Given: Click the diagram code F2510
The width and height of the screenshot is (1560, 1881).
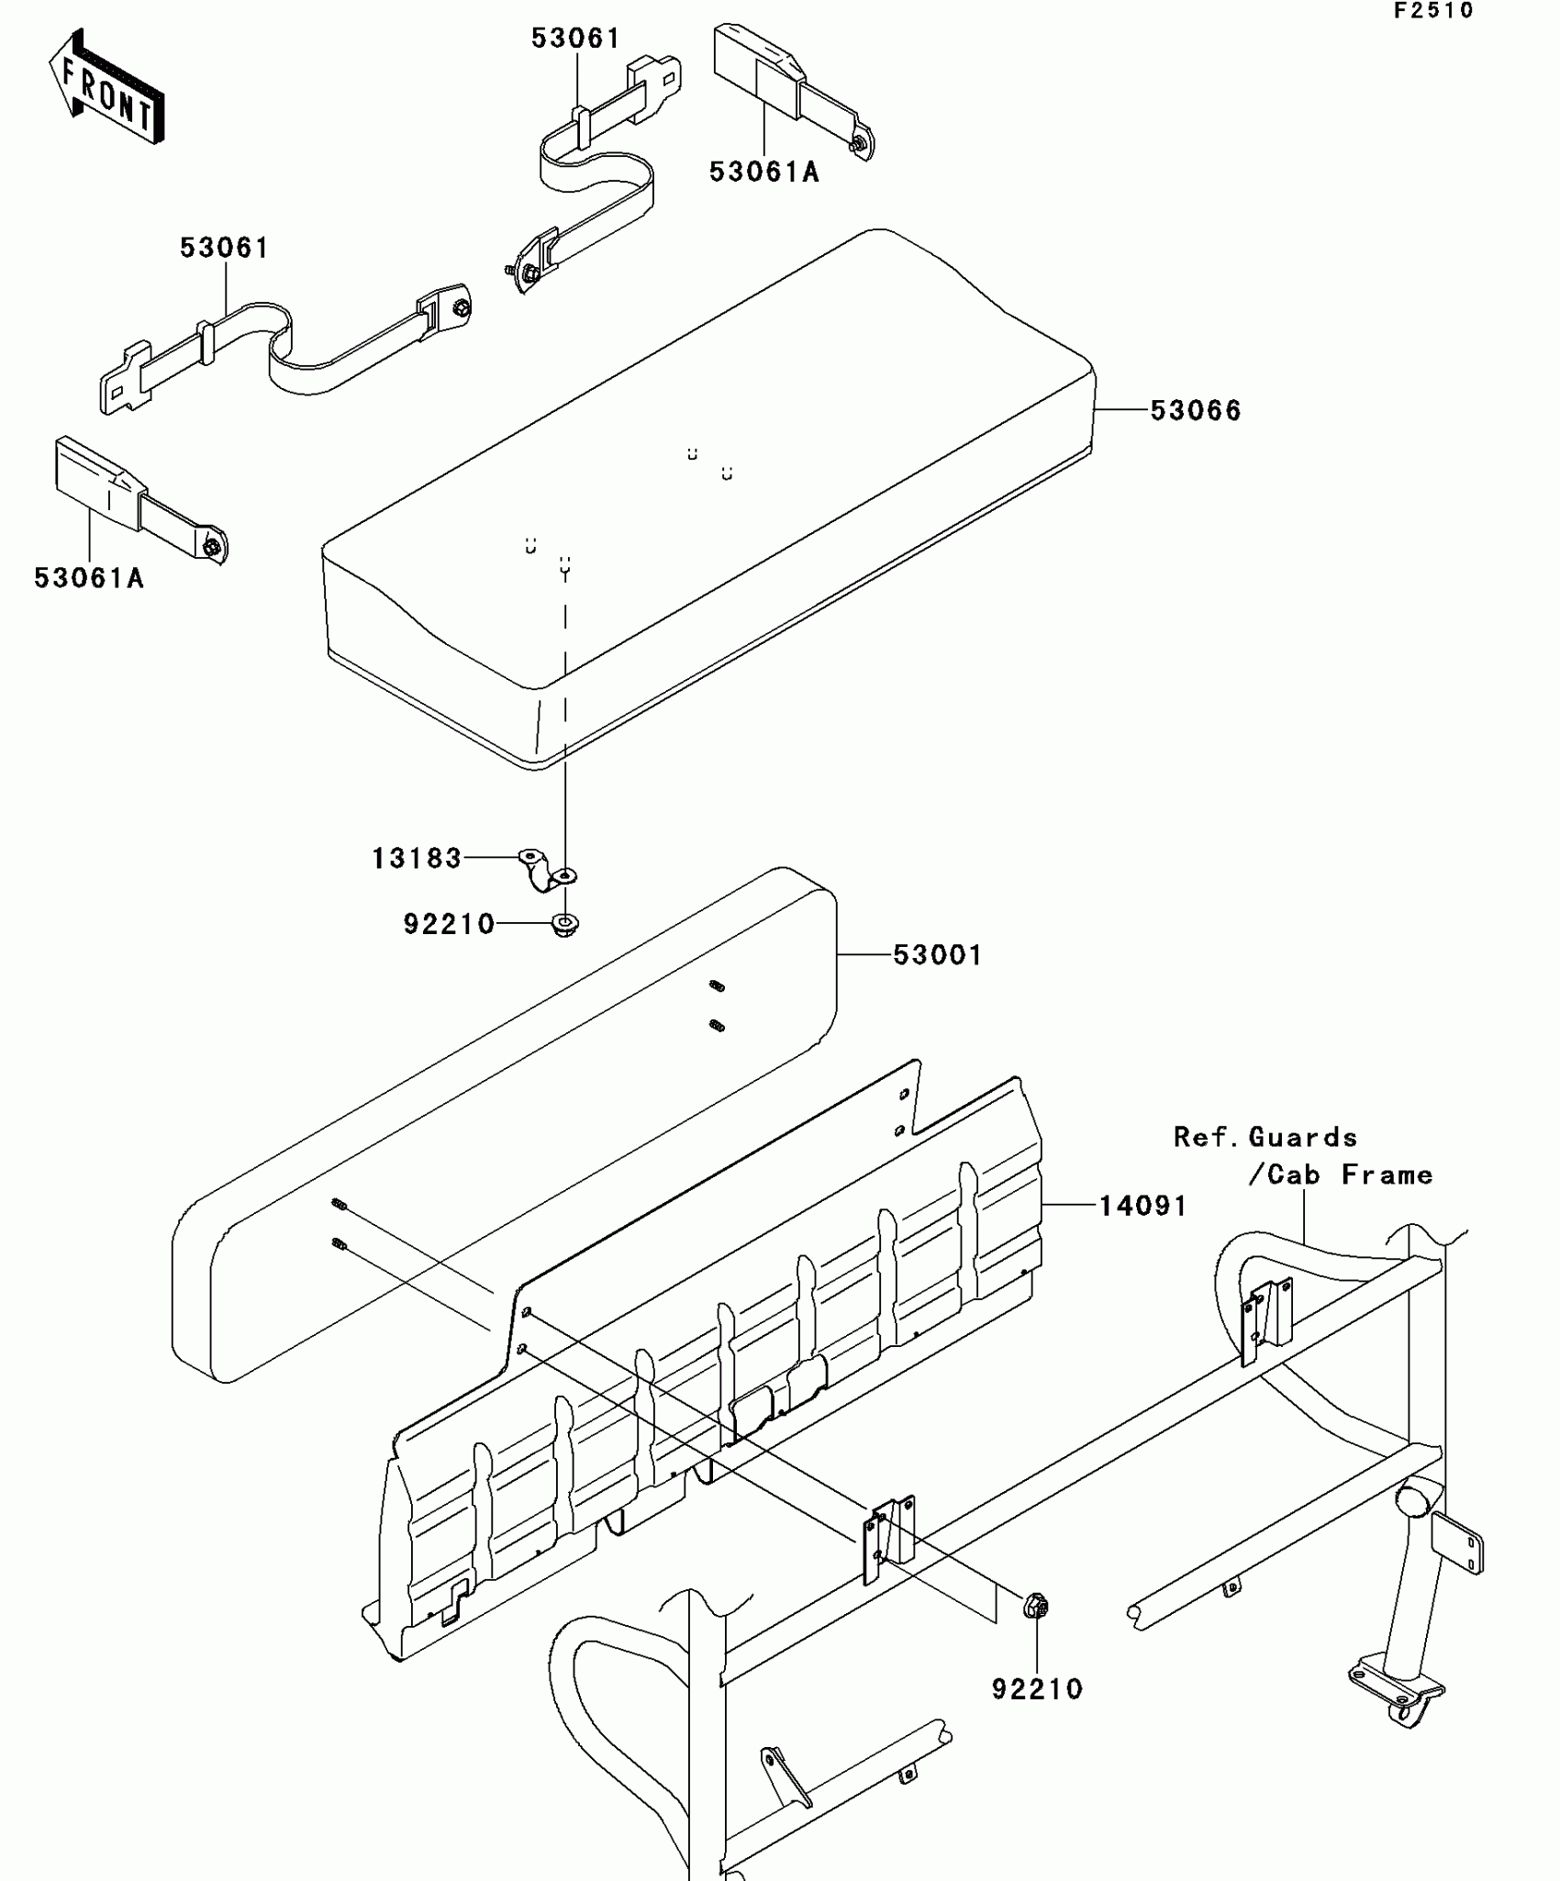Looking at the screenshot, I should [x=1433, y=11].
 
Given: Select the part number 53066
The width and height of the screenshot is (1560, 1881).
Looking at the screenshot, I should [x=1195, y=410].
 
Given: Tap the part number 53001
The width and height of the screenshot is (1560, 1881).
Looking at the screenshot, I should [x=937, y=955].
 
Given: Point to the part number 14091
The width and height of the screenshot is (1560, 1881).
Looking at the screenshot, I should [x=1142, y=1205].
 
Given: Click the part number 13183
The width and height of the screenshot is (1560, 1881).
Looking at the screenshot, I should [x=416, y=858].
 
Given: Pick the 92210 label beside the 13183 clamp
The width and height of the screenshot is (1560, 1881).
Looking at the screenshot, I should [x=449, y=923].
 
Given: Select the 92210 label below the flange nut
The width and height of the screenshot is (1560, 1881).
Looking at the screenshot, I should [x=1037, y=1689].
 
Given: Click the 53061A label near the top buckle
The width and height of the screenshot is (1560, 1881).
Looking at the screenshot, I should [x=763, y=172].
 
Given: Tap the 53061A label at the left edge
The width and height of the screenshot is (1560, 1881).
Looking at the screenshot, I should [x=89, y=578].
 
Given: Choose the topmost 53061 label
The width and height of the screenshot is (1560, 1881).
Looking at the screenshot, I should [x=575, y=39].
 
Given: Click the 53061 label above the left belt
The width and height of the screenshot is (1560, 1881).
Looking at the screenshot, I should [x=224, y=248].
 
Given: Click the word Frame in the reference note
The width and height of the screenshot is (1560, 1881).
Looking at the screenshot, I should [x=1387, y=1174].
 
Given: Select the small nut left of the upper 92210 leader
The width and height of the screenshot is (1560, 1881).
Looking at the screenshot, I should [x=564, y=925].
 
